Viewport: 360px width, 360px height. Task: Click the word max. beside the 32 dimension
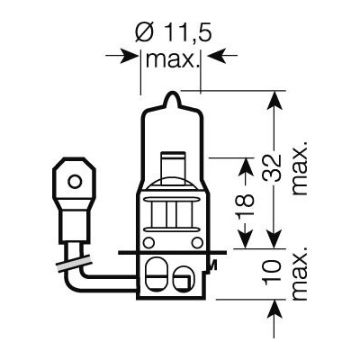300,167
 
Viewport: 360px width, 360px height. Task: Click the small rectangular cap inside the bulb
167,167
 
